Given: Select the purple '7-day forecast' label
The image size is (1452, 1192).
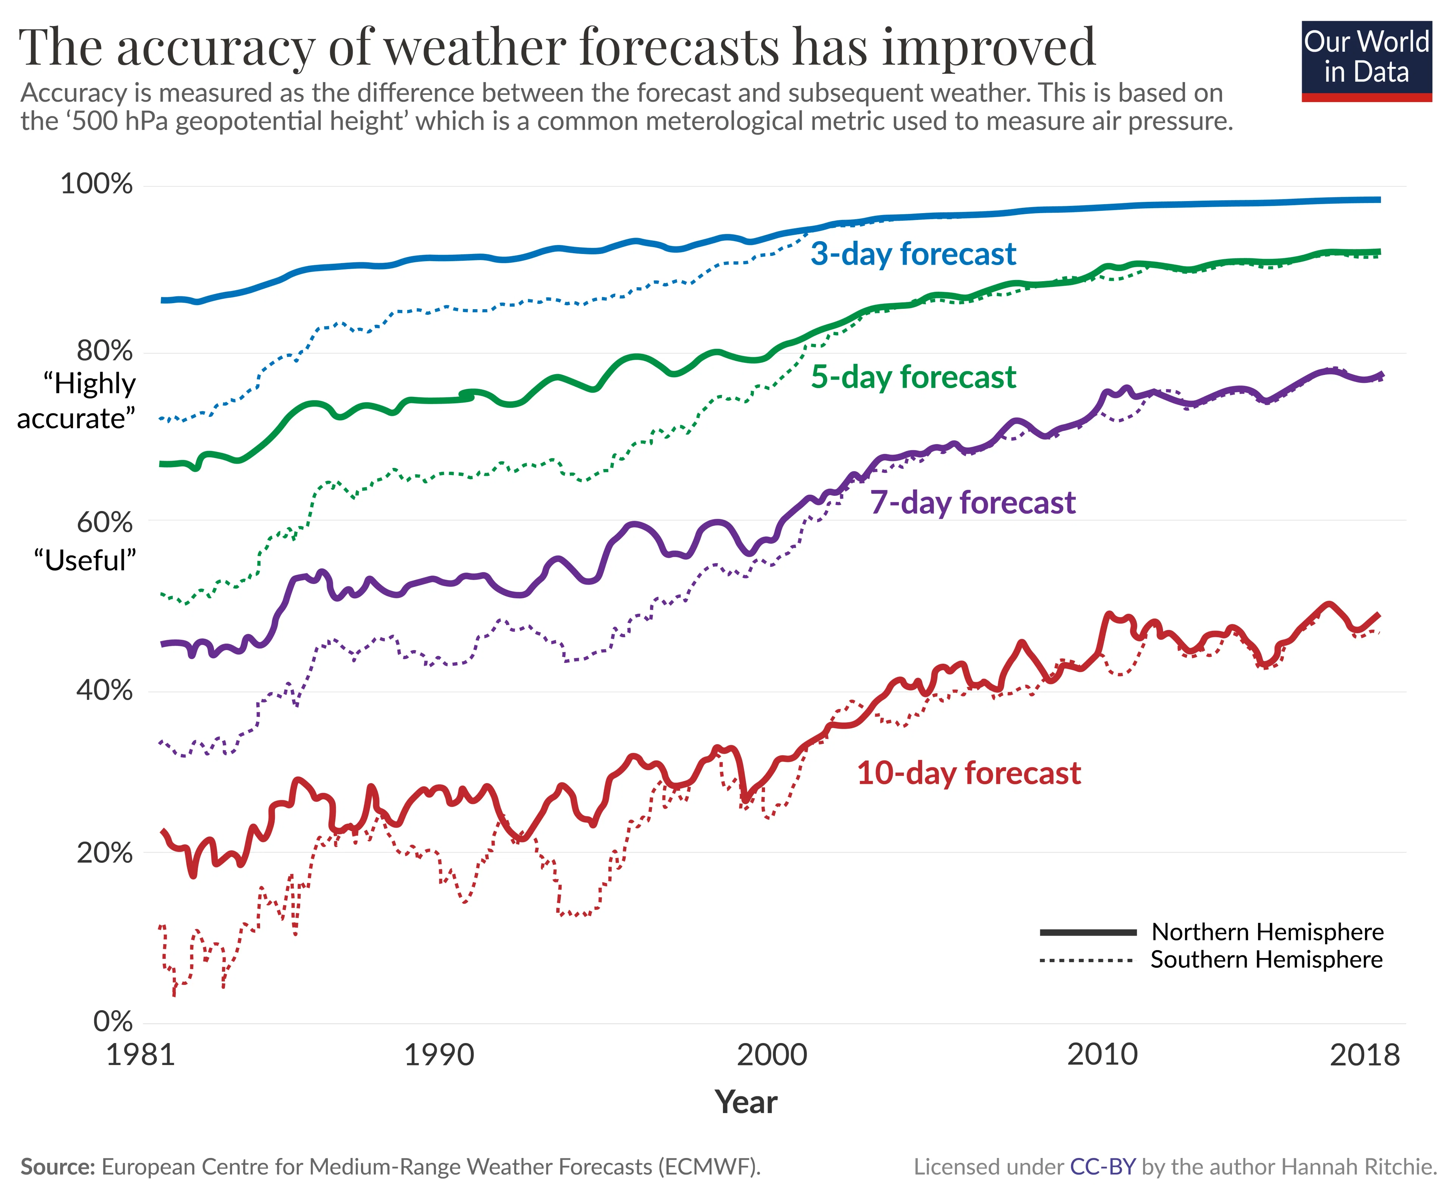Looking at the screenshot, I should [x=972, y=503].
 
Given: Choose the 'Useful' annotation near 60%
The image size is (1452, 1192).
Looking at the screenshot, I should [x=85, y=561].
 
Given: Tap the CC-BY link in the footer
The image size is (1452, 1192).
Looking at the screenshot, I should [x=1102, y=1167].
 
